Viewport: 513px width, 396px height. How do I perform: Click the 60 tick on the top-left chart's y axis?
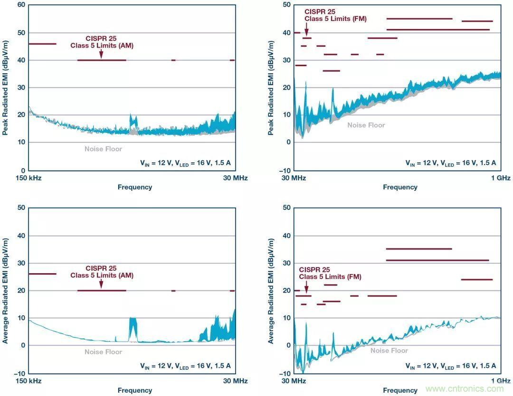pyautogui.click(x=21, y=5)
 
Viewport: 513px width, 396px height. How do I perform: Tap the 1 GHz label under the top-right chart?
pyautogui.click(x=501, y=178)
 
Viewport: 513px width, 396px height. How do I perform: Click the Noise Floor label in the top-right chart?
pyautogui.click(x=366, y=125)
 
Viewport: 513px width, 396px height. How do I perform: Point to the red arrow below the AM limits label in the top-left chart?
pyautogui.click(x=101, y=54)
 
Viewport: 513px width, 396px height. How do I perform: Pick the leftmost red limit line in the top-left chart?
pyautogui.click(x=42, y=44)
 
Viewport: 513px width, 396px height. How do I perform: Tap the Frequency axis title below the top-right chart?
pyautogui.click(x=400, y=187)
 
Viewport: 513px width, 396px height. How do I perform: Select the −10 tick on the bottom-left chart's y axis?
pyautogui.click(x=20, y=373)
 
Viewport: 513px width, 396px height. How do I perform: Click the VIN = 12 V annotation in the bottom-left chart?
pyautogui.click(x=185, y=366)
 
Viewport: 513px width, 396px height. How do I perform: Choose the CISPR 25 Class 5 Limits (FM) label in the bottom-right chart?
pyautogui.click(x=330, y=273)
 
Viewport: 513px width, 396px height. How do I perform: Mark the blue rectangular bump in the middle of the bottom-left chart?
pyautogui.click(x=133, y=328)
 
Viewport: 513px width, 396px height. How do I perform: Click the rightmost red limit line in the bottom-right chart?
pyautogui.click(x=476, y=279)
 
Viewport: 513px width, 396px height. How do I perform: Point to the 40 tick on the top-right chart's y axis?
pyautogui.click(x=286, y=32)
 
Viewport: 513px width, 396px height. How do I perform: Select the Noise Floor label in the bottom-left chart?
pyautogui.click(x=103, y=352)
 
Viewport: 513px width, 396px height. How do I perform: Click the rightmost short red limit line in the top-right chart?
pyautogui.click(x=477, y=21)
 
